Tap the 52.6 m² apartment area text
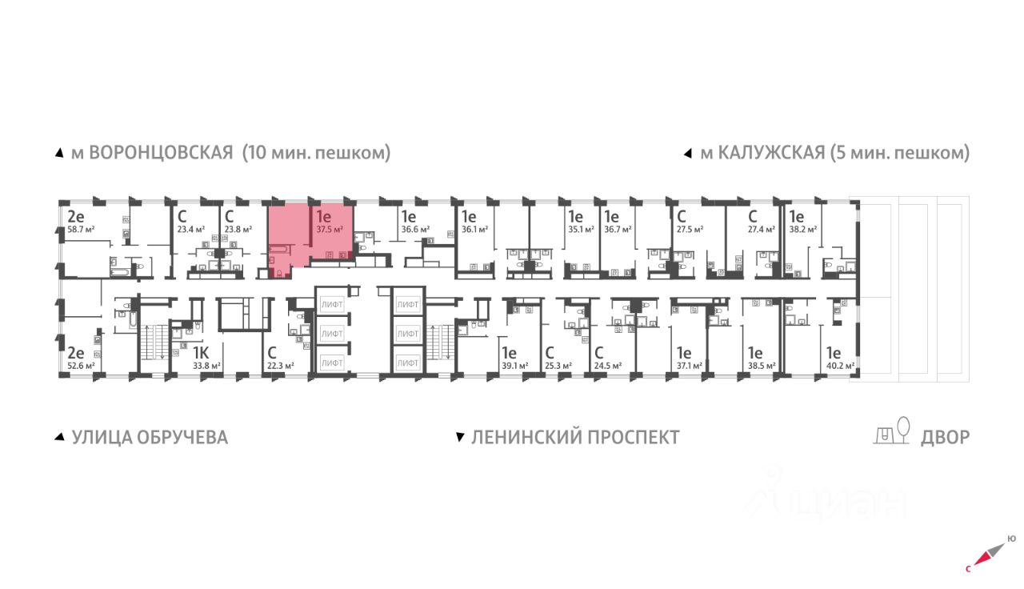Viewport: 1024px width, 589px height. pos(81,366)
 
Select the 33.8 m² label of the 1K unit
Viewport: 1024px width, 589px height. pos(206,366)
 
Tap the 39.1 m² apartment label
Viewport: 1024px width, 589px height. pos(514,366)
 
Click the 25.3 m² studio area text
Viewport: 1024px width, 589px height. pos(558,366)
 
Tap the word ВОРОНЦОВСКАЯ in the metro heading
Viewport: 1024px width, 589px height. pos(160,153)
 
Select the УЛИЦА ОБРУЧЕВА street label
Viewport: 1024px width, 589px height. pos(150,437)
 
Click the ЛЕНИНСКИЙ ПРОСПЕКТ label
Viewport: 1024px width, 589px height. pos(575,437)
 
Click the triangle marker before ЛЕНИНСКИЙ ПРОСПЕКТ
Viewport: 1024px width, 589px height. pos(460,438)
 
